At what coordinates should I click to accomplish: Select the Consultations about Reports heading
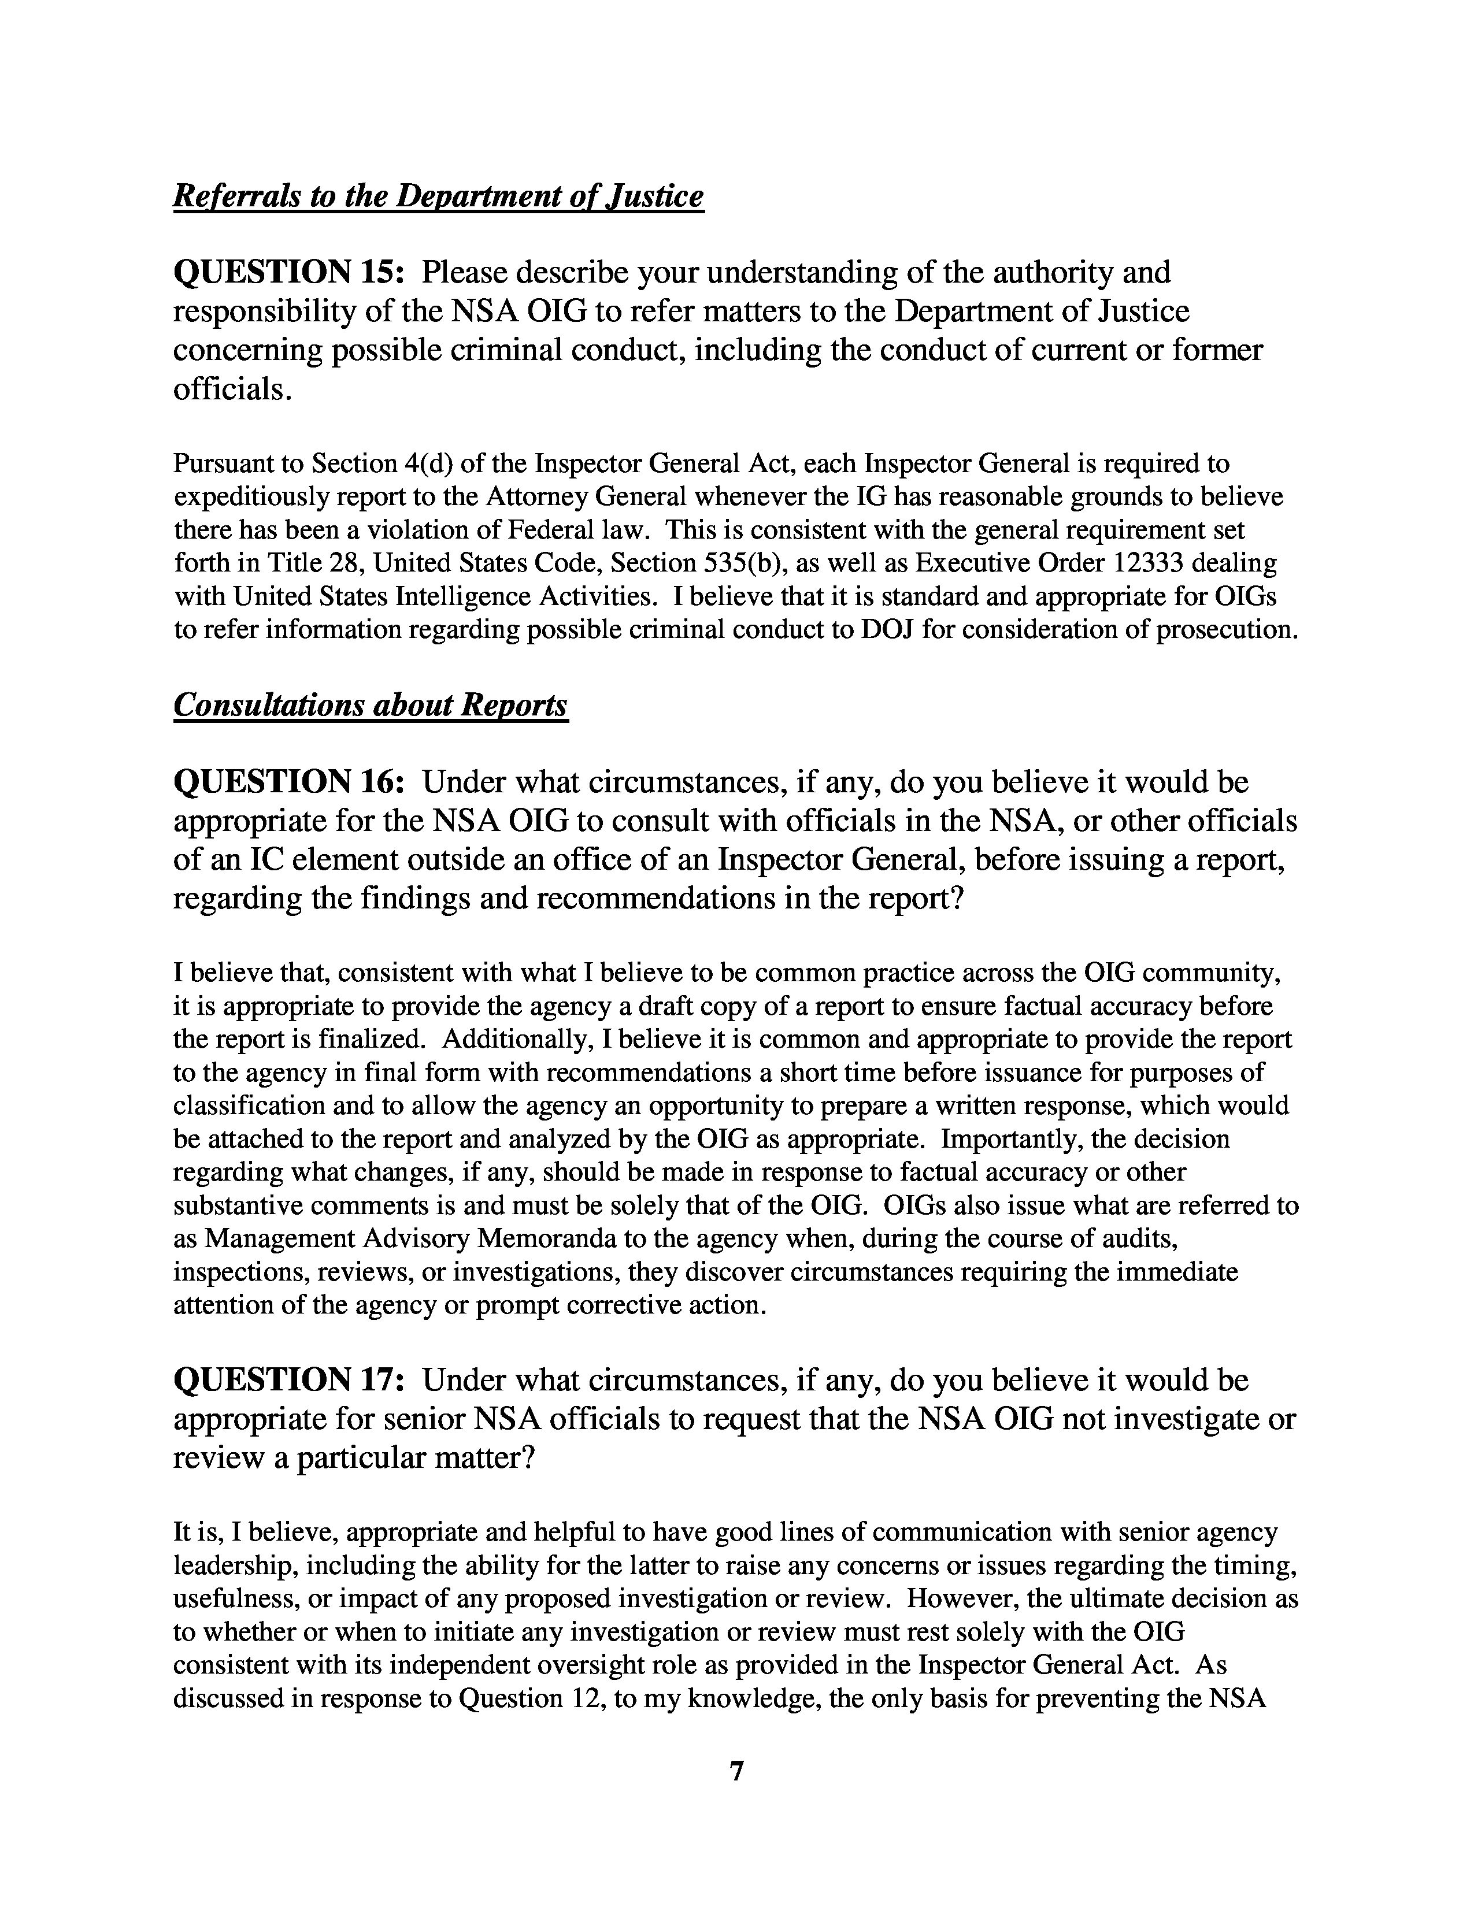371,704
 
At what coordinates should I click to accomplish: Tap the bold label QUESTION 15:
289,272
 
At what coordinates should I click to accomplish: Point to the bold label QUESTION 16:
289,781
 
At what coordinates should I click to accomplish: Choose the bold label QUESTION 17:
289,1379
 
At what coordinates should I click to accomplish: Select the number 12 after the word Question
582,1698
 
